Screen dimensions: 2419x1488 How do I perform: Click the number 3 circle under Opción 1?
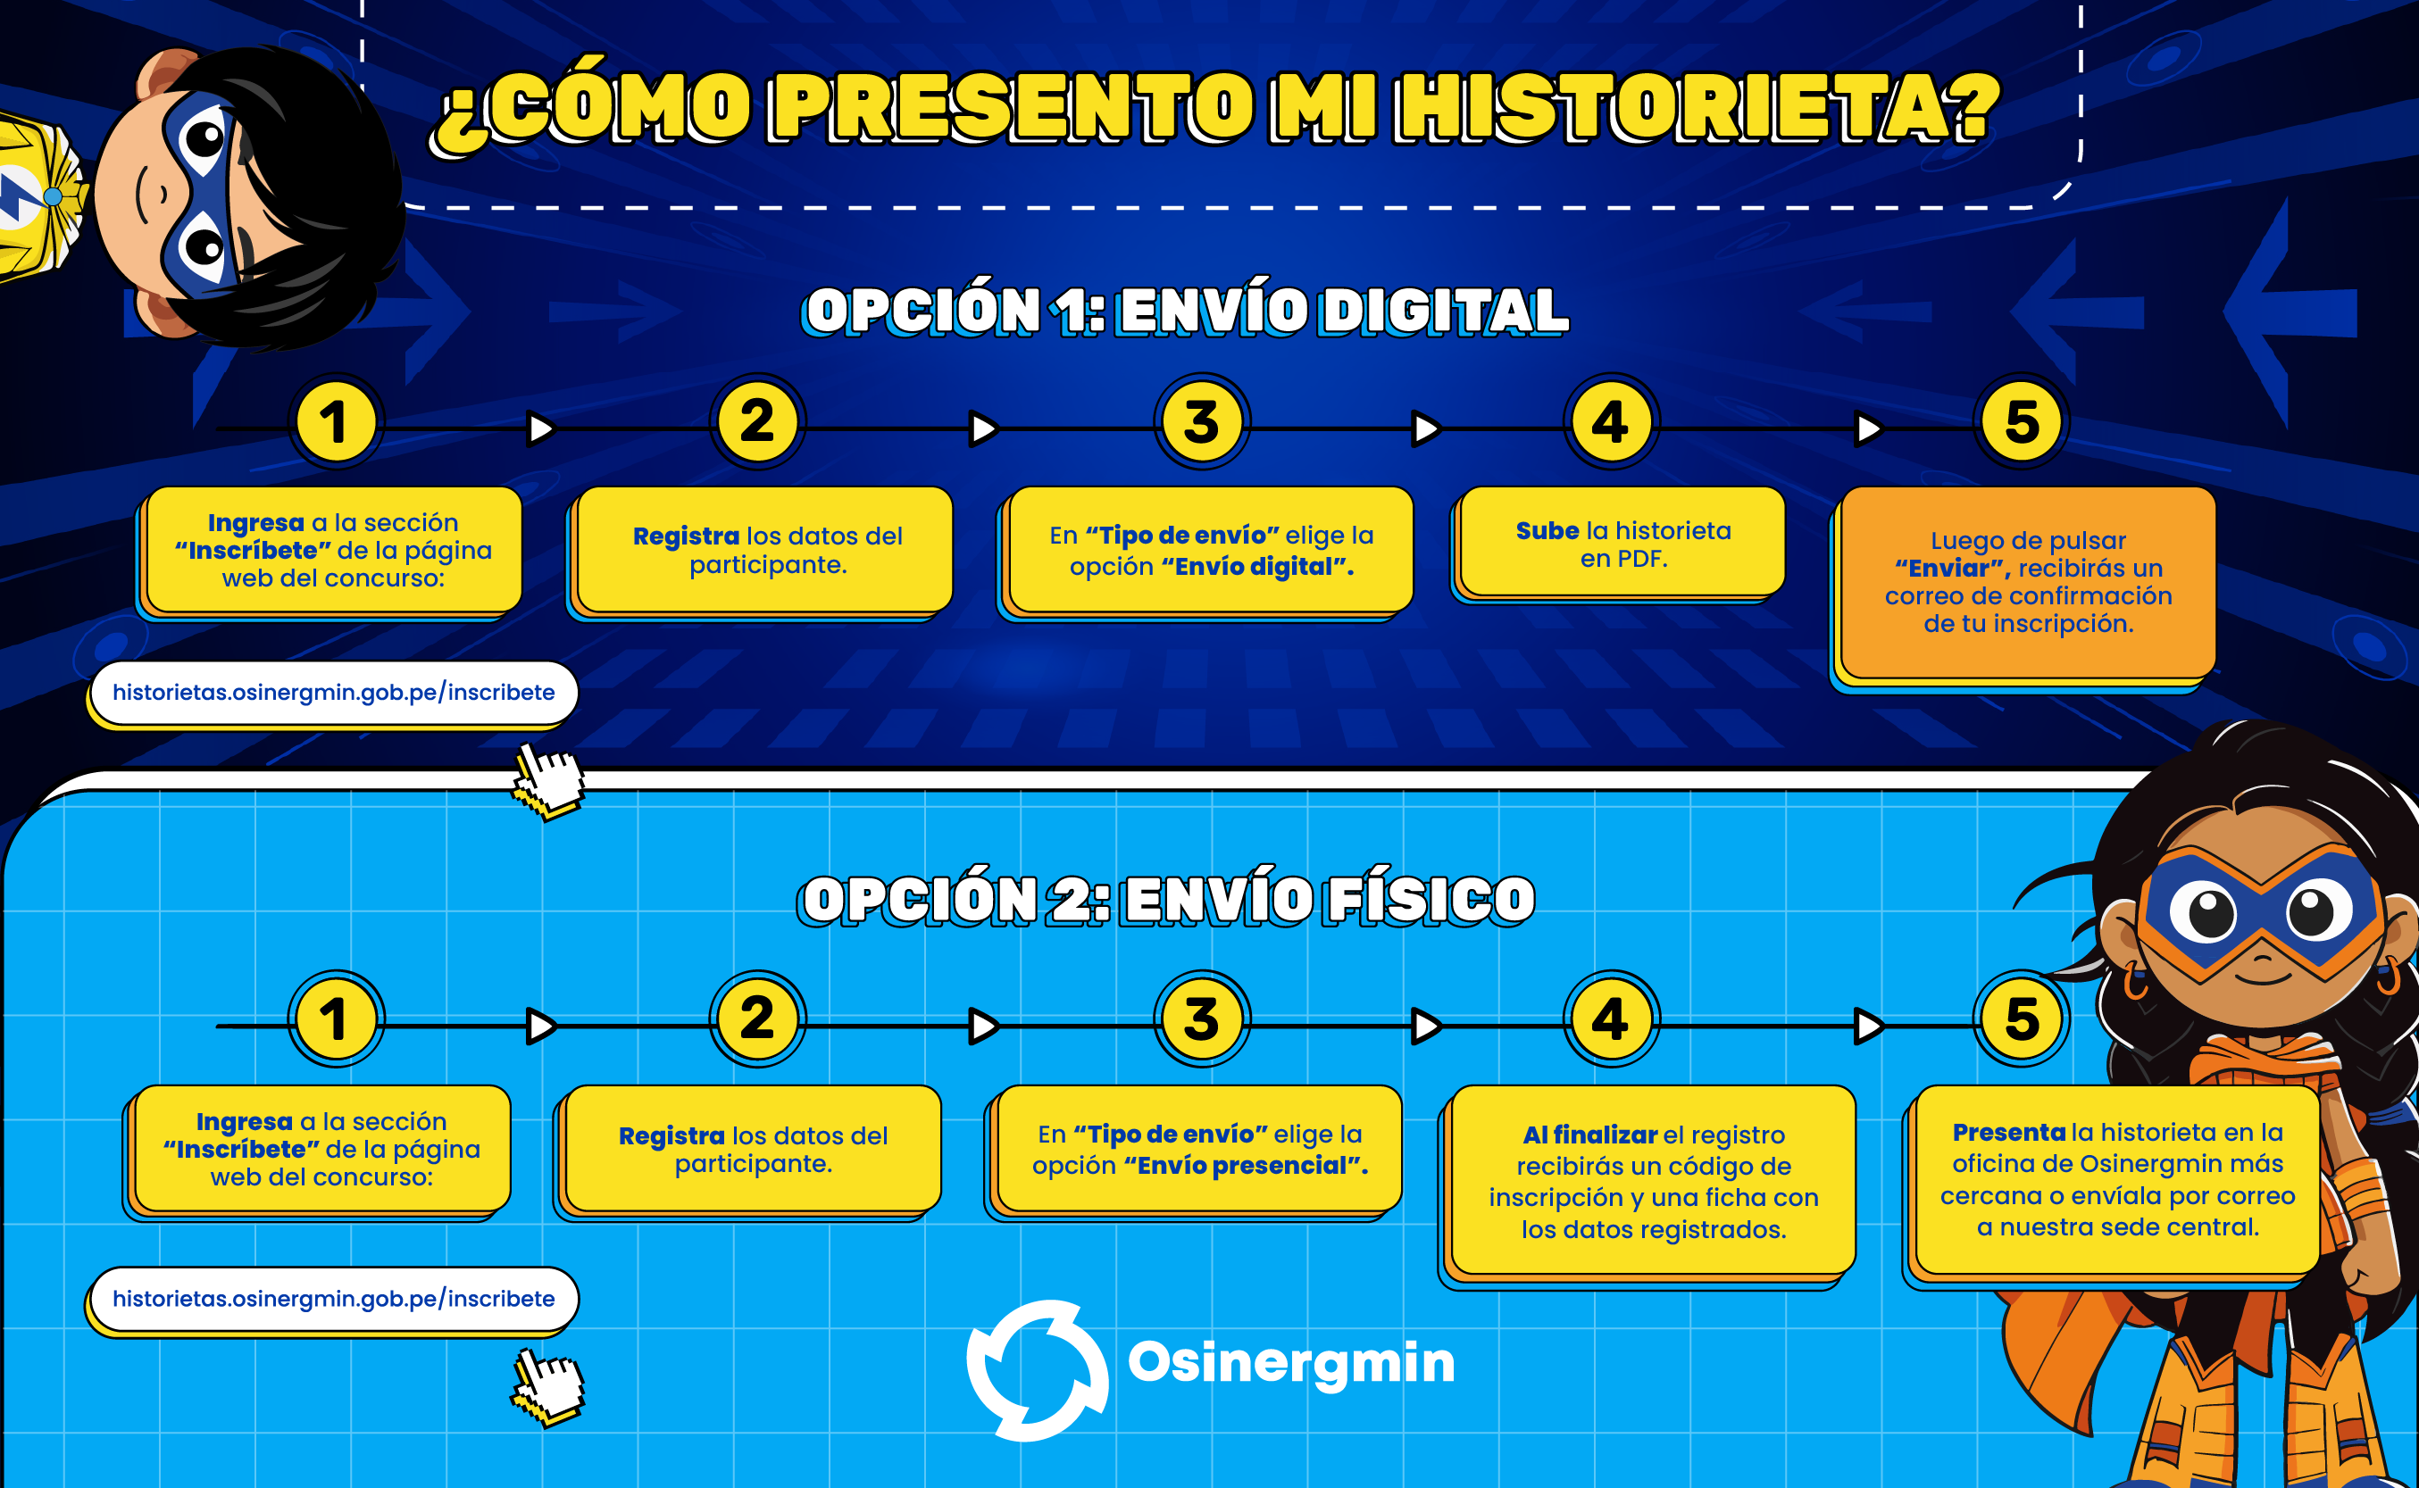click(x=1201, y=422)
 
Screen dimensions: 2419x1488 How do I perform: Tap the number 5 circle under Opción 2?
click(x=2022, y=1018)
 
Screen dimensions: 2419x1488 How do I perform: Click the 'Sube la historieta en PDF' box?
click(x=1620, y=544)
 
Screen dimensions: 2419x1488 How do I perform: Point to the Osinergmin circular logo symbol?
click(x=1037, y=1370)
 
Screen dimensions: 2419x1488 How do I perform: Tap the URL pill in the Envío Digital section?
click(x=332, y=694)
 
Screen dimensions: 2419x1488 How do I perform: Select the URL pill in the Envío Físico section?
click(x=332, y=1300)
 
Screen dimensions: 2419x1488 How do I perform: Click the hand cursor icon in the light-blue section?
click(x=547, y=1385)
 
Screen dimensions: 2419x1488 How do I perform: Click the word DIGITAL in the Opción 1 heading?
click(x=1444, y=311)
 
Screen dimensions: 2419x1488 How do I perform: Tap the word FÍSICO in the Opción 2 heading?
click(x=1430, y=900)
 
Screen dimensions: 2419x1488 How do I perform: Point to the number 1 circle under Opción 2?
click(x=336, y=1018)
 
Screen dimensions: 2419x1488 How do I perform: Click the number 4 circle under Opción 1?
click(x=1611, y=422)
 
